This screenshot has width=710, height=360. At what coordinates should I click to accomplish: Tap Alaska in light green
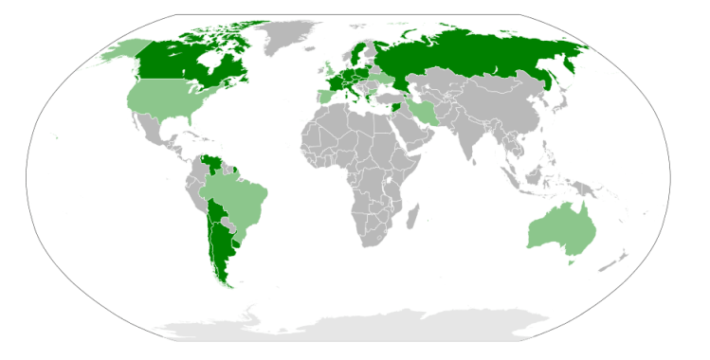click(x=123, y=52)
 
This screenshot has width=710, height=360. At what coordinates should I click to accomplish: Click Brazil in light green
click(x=237, y=204)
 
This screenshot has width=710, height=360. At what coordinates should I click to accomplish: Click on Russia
click(x=474, y=57)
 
